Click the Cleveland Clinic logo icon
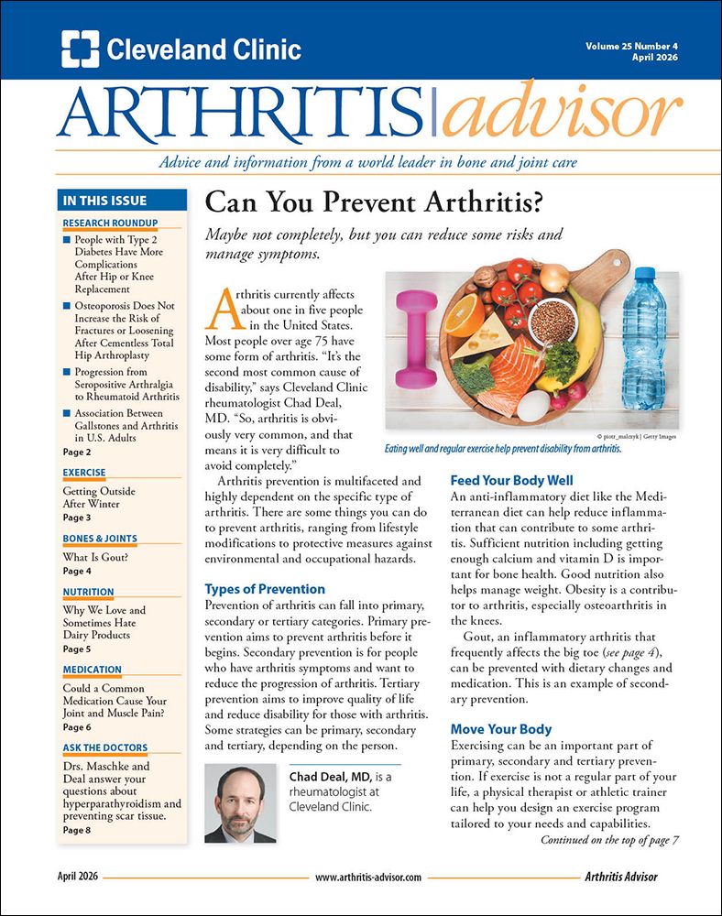[x=81, y=49]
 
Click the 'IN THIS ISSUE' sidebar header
[x=103, y=201]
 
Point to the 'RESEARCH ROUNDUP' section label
[x=110, y=223]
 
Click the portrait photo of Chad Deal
[x=241, y=802]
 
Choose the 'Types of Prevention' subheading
[x=265, y=589]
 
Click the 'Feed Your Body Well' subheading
[x=511, y=480]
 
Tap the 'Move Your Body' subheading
[x=500, y=729]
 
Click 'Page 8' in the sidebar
[x=77, y=830]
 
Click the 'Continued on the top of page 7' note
[x=609, y=838]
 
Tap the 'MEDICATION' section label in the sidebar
[x=93, y=670]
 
